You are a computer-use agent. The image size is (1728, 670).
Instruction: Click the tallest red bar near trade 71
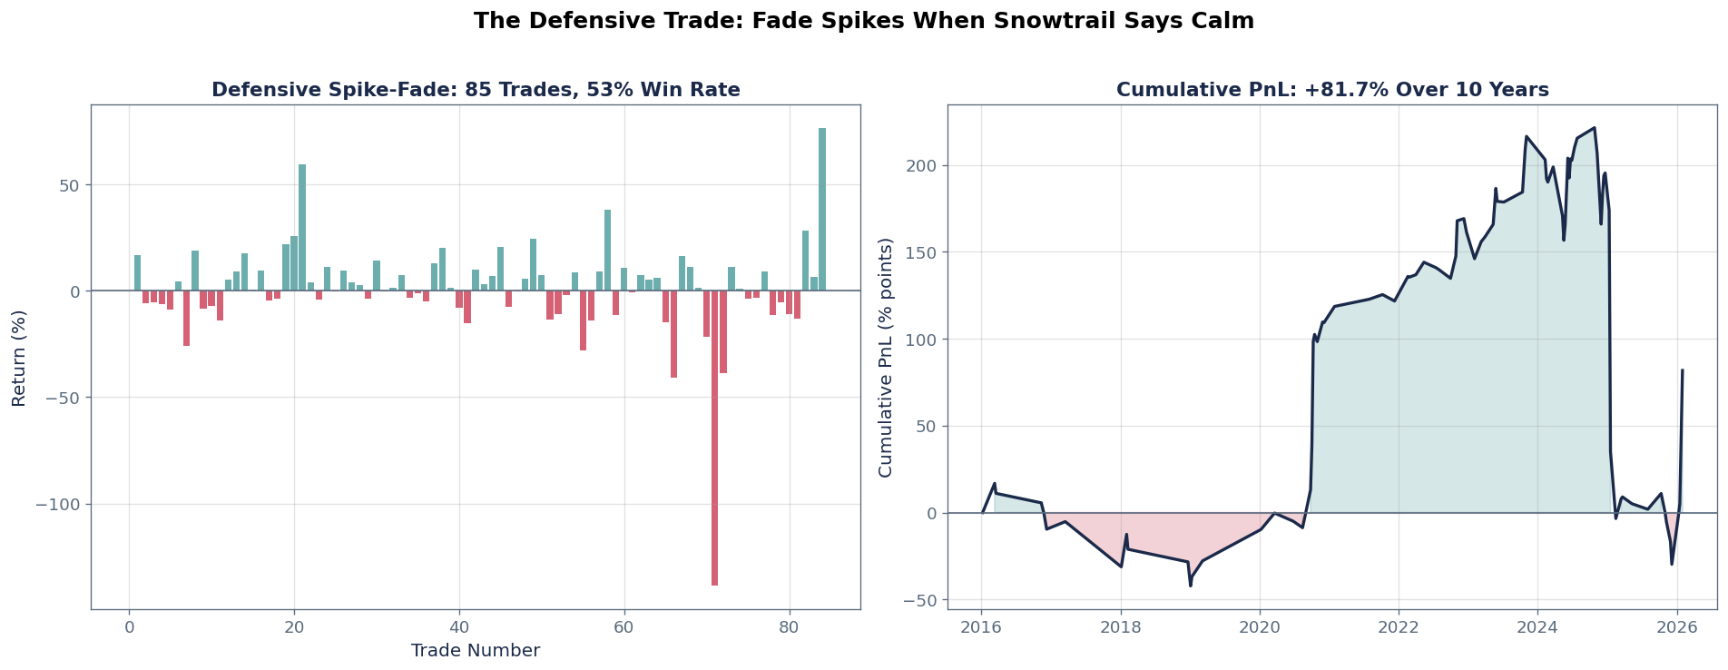715,438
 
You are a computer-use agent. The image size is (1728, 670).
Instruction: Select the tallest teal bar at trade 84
822,210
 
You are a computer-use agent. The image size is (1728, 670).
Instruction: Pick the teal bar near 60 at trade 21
302,228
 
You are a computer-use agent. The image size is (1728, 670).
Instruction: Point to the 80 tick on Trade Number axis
790,626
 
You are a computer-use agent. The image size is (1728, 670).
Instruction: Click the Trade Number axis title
475,651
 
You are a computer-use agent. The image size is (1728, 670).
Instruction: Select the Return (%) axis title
19,358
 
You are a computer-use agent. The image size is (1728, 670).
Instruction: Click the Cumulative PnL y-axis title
886,358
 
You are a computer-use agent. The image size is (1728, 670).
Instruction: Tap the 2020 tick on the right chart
1259,626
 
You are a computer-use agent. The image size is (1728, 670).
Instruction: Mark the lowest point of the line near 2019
1190,586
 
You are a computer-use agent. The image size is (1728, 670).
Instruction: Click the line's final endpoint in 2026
1682,370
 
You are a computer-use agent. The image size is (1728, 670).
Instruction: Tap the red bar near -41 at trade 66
673,334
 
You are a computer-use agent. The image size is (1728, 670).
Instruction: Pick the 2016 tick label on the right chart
981,626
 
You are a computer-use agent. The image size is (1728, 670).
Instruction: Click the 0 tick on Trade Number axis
129,626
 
